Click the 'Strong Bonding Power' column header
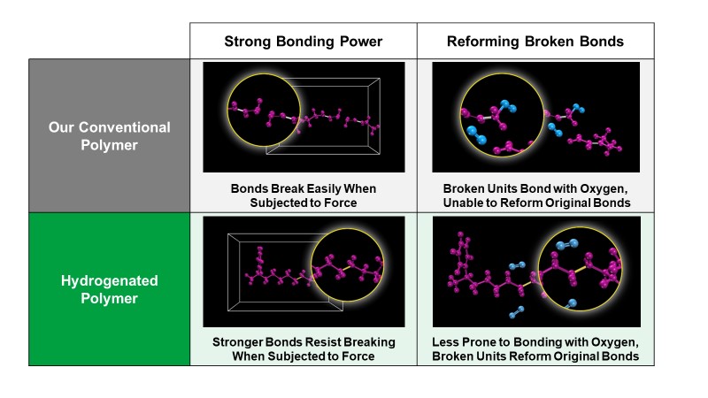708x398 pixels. tap(303, 42)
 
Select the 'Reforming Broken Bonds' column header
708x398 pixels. tap(535, 42)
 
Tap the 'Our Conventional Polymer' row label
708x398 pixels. tap(109, 136)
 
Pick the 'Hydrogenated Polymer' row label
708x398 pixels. tap(109, 289)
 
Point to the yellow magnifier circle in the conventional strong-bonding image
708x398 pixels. tap(227, 110)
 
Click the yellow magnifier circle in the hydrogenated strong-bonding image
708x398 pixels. tap(312, 264)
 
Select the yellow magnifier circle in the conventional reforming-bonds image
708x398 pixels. tap(460, 115)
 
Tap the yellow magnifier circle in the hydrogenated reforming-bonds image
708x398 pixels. tap(538, 269)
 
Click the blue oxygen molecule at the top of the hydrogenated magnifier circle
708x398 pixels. tap(567, 245)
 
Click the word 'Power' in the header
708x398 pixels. tap(361, 42)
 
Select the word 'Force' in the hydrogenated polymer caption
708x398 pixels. tap(358, 356)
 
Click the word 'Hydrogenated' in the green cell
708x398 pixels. tap(109, 281)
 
